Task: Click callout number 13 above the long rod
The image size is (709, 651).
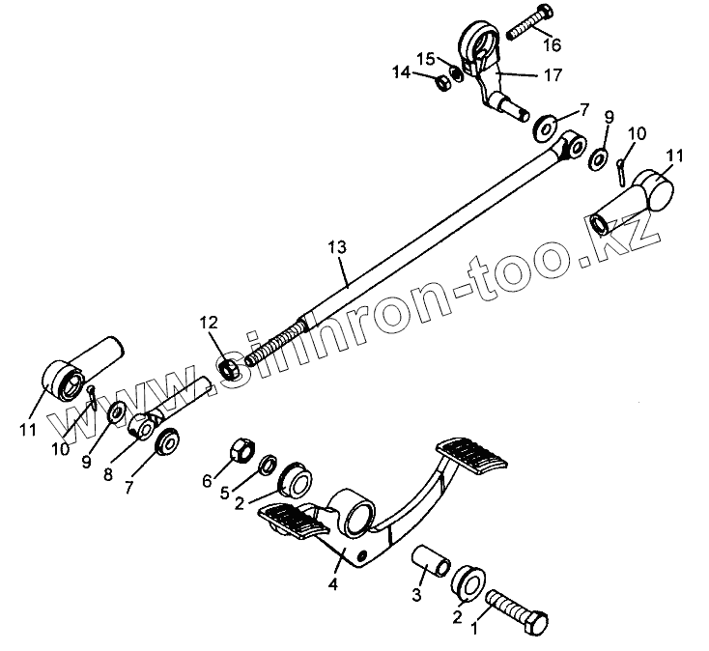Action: click(336, 248)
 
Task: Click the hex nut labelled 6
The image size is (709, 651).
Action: click(241, 450)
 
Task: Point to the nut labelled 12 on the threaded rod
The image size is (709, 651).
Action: click(228, 368)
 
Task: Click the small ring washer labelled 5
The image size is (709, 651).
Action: click(268, 461)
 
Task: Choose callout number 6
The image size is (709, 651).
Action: click(206, 480)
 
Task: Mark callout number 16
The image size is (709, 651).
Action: click(551, 44)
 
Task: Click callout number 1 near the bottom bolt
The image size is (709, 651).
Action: click(474, 627)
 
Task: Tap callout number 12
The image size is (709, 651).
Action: click(210, 322)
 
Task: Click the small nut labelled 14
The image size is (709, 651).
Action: click(436, 83)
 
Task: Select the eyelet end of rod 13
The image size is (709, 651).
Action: click(573, 145)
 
